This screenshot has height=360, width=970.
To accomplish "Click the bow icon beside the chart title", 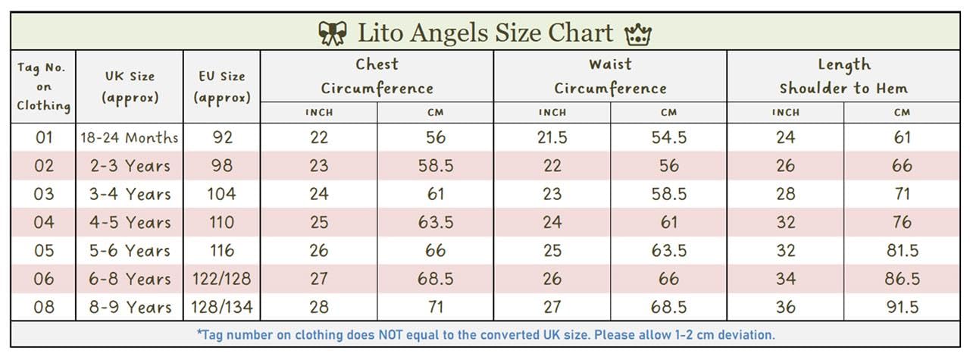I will [332, 33].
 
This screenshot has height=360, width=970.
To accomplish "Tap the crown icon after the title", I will [637, 34].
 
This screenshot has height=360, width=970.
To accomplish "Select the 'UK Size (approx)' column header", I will [130, 86].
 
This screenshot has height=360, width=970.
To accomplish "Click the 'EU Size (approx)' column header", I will [221, 86].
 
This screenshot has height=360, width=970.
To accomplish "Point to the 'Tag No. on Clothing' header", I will [43, 86].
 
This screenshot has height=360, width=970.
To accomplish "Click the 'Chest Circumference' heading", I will [377, 76].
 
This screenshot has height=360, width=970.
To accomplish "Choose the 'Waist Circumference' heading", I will [610, 76].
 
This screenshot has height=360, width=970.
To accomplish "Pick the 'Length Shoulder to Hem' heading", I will [843, 76].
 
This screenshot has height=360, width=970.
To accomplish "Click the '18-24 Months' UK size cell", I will [130, 138].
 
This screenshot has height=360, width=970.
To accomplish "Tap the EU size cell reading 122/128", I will [221, 279].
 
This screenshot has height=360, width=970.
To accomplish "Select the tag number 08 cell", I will [43, 307].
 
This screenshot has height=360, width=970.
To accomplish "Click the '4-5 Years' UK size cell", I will [130, 223].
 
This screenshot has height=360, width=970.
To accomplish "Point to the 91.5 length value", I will [901, 307].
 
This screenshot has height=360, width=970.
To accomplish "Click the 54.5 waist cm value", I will [668, 138].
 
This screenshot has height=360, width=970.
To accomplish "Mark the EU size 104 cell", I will [221, 194].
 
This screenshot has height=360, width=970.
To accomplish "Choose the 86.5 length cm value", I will [901, 279].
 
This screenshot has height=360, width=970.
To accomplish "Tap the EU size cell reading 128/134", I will [221, 307].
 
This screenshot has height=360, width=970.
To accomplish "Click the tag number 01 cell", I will [43, 138].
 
